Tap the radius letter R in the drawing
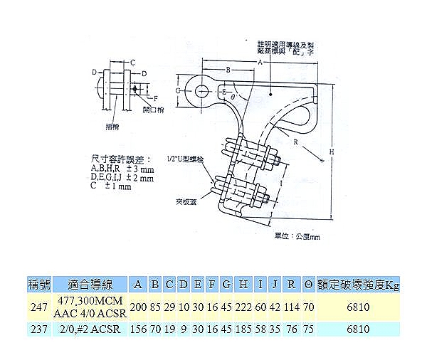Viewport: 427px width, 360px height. (x=295, y=142)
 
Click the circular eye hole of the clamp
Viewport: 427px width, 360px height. (x=201, y=90)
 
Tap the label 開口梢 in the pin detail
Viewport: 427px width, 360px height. (x=154, y=111)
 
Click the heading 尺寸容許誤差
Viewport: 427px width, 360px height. (x=117, y=157)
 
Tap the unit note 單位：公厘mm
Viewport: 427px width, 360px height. (x=301, y=235)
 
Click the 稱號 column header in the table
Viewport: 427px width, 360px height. (x=37, y=285)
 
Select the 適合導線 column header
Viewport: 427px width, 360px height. (x=89, y=285)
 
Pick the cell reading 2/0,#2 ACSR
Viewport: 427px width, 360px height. (x=90, y=329)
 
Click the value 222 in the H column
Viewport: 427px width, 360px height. (x=243, y=307)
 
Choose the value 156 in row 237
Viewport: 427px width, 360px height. (x=139, y=329)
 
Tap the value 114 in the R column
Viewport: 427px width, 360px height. (x=291, y=307)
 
